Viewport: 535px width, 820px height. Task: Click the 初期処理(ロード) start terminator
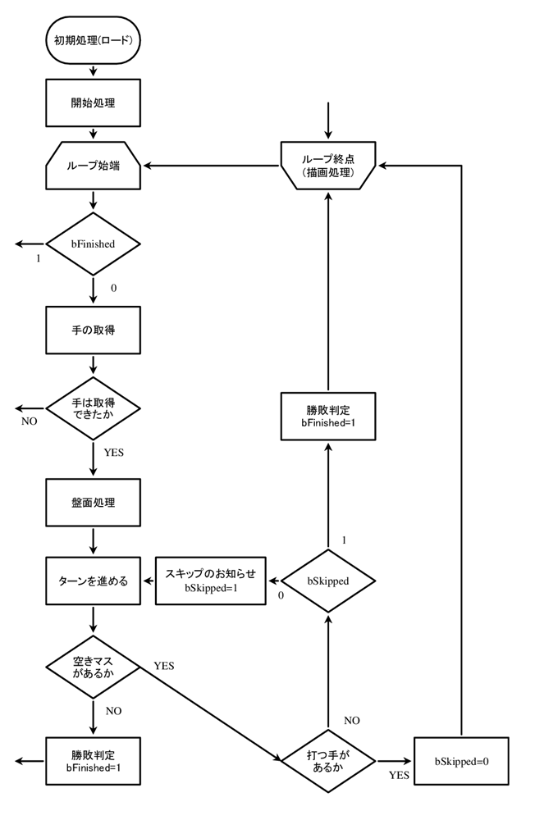[x=94, y=40]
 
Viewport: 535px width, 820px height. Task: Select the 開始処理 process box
[x=94, y=103]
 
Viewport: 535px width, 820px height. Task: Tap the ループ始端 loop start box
[x=94, y=166]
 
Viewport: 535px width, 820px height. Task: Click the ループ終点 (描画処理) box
[x=328, y=166]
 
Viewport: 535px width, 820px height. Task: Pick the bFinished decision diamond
[x=94, y=244]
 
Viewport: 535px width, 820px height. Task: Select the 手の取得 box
[x=94, y=330]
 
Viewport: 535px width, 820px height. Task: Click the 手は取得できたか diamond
[x=94, y=408]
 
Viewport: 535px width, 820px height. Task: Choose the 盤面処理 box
[x=94, y=503]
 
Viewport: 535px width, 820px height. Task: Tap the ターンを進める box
[x=94, y=581]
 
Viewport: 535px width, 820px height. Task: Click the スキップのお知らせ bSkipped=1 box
[x=210, y=581]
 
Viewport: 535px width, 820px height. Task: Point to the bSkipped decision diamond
[x=328, y=581]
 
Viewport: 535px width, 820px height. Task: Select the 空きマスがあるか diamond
[x=94, y=667]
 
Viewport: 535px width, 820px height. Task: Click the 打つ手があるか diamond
[x=328, y=762]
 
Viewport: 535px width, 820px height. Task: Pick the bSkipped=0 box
[x=461, y=762]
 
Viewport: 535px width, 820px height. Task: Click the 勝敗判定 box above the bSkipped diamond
[x=328, y=417]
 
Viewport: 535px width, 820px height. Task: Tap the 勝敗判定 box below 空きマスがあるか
[x=94, y=762]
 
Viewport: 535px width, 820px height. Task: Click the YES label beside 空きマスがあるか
[x=164, y=666]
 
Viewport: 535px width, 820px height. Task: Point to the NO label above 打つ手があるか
[x=352, y=721]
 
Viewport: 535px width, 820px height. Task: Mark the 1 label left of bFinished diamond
[x=39, y=258]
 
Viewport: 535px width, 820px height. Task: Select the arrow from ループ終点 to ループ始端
[x=212, y=166]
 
